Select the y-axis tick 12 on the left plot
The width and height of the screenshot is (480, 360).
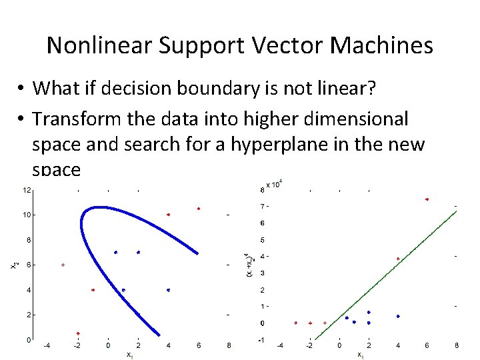coord(25,190)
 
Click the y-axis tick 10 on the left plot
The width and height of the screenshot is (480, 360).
coord(25,215)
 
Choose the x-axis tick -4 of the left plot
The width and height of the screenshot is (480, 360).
coord(47,345)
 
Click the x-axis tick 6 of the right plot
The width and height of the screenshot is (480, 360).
coord(427,345)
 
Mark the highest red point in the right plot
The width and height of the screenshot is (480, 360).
coord(427,199)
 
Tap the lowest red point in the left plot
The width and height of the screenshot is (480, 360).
coord(78,333)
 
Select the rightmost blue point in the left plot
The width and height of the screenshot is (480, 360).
coord(169,290)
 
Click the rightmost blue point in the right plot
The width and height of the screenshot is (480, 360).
coord(398,316)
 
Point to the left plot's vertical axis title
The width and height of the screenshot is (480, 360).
coord(14,265)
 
